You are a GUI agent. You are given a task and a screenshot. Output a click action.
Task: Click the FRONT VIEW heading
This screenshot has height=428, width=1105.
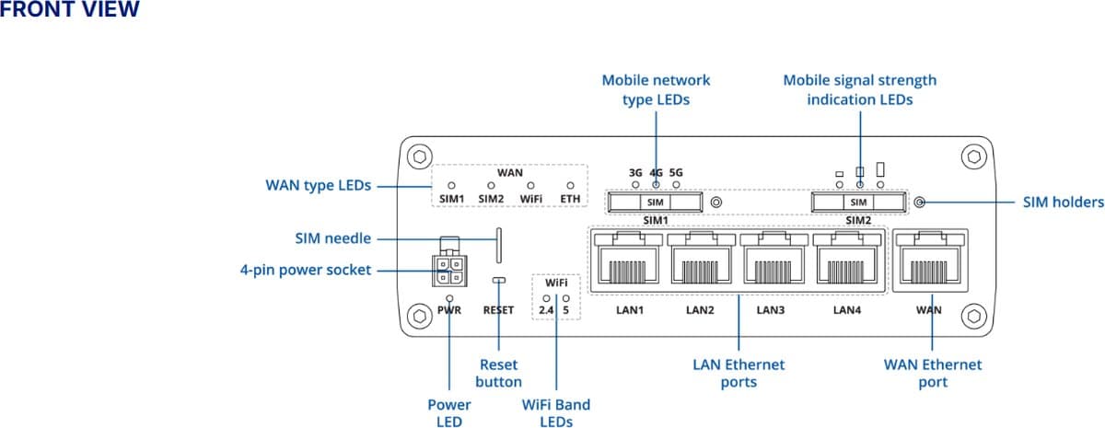(70, 10)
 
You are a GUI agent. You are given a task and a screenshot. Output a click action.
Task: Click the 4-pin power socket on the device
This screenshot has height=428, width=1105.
(448, 268)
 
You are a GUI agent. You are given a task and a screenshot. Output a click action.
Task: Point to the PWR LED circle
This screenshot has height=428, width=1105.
(449, 298)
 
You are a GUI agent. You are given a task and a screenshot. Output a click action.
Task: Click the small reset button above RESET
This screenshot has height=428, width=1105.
(499, 280)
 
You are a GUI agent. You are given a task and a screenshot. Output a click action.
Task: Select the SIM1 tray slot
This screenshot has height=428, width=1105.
(655, 202)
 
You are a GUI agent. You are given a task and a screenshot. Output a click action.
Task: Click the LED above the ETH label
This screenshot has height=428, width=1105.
(570, 186)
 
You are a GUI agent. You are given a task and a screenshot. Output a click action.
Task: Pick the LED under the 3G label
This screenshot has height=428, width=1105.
(635, 185)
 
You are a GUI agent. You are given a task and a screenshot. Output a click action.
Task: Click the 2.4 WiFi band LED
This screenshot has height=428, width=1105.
(547, 298)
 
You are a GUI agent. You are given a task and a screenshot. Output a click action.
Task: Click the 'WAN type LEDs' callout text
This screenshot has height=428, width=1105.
(318, 186)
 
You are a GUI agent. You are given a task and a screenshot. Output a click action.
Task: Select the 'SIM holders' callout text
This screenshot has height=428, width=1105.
(1063, 202)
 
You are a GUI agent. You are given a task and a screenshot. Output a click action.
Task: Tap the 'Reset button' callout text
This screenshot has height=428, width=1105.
(499, 373)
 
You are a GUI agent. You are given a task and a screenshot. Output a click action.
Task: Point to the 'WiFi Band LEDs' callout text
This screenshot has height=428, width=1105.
(556, 412)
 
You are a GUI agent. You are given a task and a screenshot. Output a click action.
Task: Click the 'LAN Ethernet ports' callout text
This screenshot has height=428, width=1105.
(739, 373)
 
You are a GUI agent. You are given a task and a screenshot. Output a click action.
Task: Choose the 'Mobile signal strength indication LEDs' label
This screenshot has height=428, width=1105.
(859, 89)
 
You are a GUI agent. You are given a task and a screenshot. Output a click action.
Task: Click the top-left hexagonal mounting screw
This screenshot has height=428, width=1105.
(420, 156)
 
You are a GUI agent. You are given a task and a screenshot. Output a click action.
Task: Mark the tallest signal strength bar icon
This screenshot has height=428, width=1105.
(881, 169)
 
